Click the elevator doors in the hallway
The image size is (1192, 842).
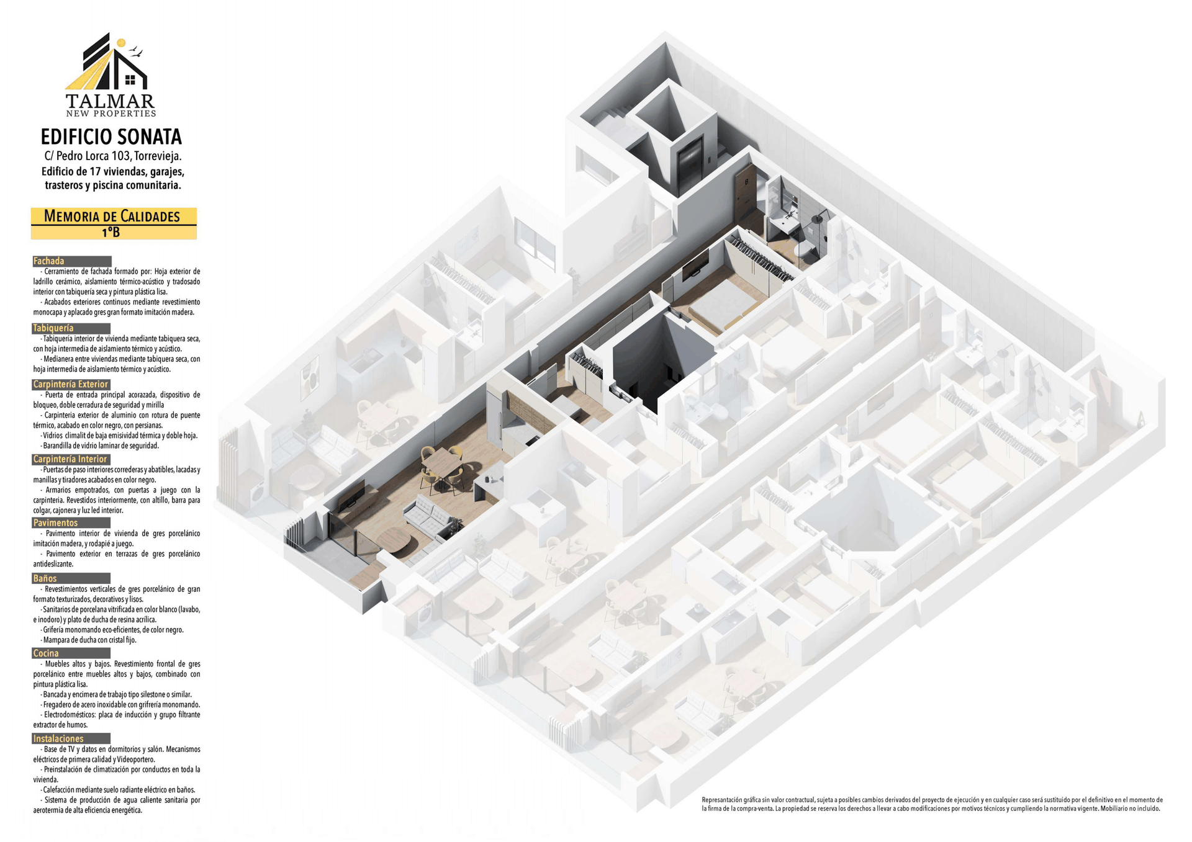pyautogui.click(x=690, y=164)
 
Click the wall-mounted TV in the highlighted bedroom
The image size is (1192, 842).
pyautogui.click(x=695, y=267)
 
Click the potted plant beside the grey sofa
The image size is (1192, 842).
pyautogui.click(x=458, y=525)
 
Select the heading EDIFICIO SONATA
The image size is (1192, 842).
pyautogui.click(x=111, y=137)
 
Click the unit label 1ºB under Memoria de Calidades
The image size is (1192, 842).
pyautogui.click(x=111, y=232)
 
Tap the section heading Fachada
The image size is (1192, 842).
pyautogui.click(x=49, y=261)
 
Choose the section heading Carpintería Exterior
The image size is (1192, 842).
pyautogui.click(x=71, y=384)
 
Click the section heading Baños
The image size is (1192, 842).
pyautogui.click(x=45, y=578)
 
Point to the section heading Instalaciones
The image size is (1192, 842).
pyautogui.click(x=58, y=738)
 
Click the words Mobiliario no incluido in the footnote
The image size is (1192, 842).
pyautogui.click(x=1131, y=808)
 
